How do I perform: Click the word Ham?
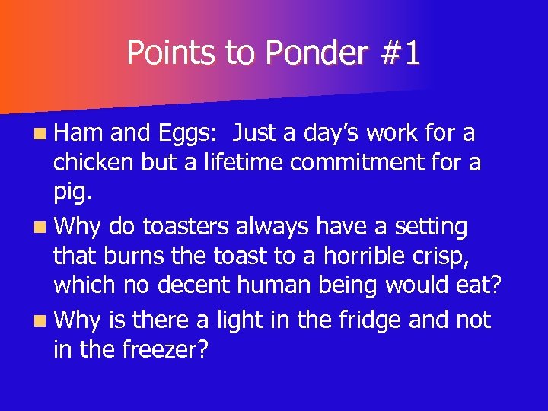tap(78, 133)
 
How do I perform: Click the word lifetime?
tap(241, 163)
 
